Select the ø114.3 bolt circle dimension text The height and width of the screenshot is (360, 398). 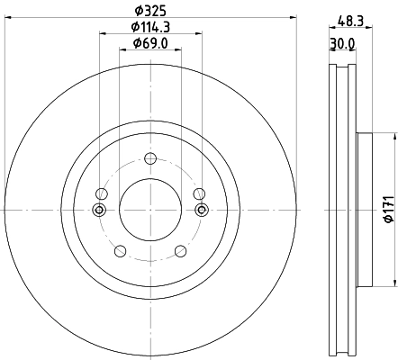150,28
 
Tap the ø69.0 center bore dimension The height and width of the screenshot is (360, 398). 150,43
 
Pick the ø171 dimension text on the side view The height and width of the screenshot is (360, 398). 386,210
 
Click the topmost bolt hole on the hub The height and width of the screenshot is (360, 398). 150,161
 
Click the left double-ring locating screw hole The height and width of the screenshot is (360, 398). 100,210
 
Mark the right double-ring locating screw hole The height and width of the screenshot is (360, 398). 201,210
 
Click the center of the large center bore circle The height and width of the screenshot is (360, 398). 150,210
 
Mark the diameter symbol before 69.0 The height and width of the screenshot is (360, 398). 134,43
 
